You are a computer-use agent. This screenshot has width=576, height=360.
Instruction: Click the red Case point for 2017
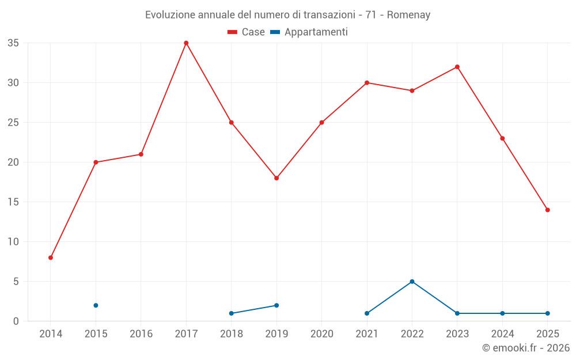coord(186,43)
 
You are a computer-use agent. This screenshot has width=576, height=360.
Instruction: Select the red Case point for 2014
coord(51,257)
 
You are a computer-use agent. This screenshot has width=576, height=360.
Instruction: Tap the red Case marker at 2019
coord(276,178)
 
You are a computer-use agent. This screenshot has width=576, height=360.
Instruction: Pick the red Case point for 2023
coord(457,67)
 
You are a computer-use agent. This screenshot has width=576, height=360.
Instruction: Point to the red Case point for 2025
coord(547,210)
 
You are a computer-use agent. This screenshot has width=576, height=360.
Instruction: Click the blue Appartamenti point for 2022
coord(412,282)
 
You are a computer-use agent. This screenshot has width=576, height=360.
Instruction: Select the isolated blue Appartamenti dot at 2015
coord(96,305)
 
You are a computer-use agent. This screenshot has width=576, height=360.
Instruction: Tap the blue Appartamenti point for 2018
coord(231,313)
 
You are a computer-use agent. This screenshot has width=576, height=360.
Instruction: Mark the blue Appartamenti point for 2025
coord(547,313)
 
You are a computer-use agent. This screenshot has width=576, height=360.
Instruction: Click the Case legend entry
coord(247,32)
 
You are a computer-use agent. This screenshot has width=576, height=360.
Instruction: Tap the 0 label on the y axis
coord(16,321)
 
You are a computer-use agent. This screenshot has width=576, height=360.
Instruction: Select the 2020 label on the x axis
coord(321,334)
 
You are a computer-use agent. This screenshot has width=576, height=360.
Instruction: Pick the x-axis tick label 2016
coord(141,334)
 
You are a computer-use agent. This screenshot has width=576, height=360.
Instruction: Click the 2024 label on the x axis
coord(502,334)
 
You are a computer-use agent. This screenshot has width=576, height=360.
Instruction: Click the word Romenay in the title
coord(409,15)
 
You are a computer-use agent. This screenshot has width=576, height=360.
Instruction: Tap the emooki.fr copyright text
coord(525,348)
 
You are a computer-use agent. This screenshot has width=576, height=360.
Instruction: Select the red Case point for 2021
coord(367,83)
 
